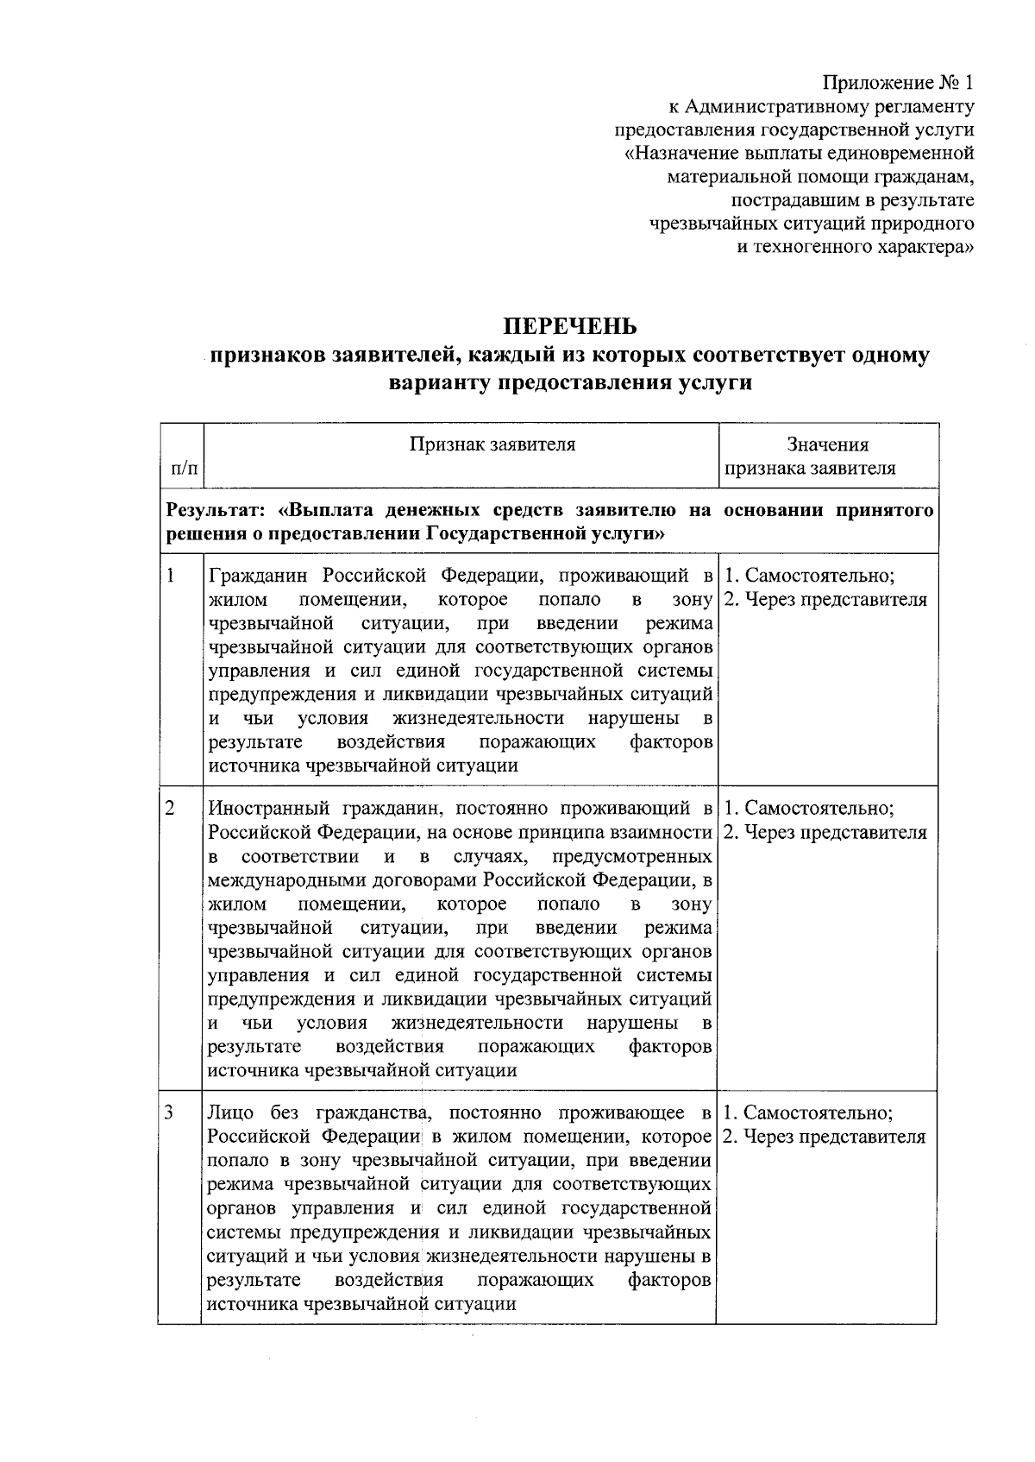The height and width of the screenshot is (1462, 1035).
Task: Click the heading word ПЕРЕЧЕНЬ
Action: (x=570, y=326)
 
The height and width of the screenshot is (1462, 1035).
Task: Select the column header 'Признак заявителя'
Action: (x=492, y=444)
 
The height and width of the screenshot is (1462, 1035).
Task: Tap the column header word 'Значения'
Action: (x=827, y=444)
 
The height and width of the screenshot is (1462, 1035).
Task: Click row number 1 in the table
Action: (x=171, y=576)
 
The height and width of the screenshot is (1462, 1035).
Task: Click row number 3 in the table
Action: (x=171, y=1112)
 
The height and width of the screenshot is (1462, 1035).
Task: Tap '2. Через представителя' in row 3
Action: (x=825, y=1137)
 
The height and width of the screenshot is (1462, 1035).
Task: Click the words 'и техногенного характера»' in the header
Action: (x=854, y=247)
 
